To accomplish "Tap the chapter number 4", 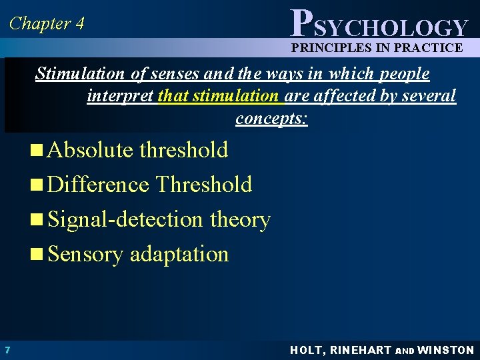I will (80, 24).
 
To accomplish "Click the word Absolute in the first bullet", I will (91, 150).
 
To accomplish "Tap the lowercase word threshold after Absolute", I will (184, 150).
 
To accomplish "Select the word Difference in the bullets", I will (99, 185).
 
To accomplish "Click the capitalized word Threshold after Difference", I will (204, 185).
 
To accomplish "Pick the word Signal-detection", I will (125, 219).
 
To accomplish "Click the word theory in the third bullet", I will (240, 219).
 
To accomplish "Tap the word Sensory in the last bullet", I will (85, 254).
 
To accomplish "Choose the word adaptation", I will (179, 254).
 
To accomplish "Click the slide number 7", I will (7, 350).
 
